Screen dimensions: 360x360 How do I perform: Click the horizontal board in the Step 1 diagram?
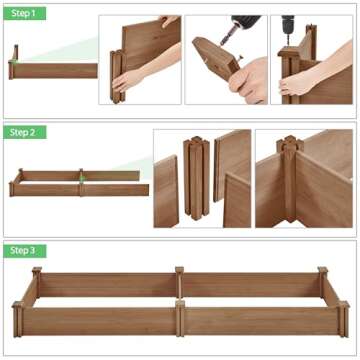point(56,71)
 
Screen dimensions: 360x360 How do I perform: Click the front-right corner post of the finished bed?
point(342,318)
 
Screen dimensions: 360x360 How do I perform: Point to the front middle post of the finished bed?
point(179,317)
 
